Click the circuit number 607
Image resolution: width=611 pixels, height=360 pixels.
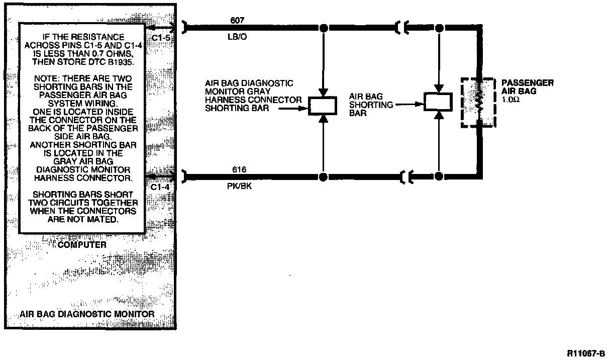point(237,21)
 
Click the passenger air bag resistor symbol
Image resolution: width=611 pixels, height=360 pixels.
point(479,103)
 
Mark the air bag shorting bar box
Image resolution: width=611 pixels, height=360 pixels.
point(439,102)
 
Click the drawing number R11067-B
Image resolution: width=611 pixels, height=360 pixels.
point(586,353)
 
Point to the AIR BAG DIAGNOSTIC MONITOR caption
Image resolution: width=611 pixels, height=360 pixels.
point(87,314)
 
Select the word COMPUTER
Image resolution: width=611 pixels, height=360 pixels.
point(82,245)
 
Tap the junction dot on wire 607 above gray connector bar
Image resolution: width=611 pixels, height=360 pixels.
point(324,28)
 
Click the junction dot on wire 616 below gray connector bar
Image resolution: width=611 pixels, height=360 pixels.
point(324,177)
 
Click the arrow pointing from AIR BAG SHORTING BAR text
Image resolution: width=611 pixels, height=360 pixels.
point(410,105)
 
